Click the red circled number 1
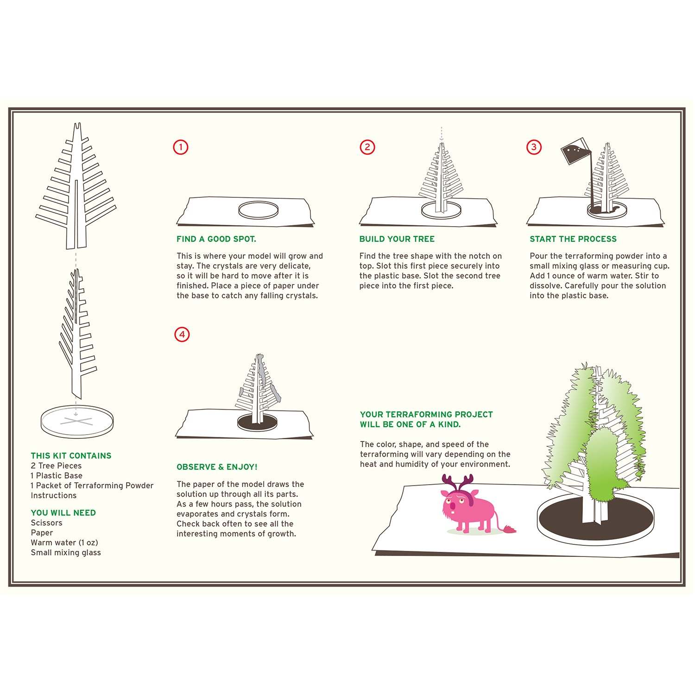[181, 147]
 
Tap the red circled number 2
[367, 147]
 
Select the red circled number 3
[534, 147]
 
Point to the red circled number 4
[182, 335]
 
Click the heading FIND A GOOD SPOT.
[216, 239]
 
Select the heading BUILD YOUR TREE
[397, 239]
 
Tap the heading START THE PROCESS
[573, 239]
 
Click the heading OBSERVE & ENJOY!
[217, 467]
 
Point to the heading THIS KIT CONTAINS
[71, 456]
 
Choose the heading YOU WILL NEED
[63, 513]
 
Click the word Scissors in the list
[46, 523]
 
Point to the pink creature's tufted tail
[509, 529]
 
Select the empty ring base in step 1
[259, 209]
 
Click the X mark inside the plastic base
[76, 421]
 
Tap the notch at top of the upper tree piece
[78, 126]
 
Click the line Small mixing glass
[66, 552]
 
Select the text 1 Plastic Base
[57, 475]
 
